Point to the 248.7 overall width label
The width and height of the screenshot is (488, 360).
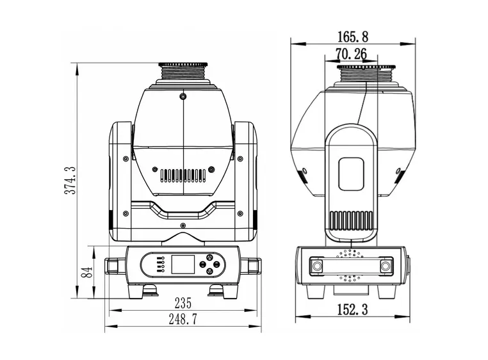(x=183, y=319)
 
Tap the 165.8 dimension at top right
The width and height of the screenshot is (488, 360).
(x=353, y=37)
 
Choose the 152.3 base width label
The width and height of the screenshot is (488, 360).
(x=352, y=310)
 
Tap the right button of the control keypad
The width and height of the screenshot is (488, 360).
(x=218, y=263)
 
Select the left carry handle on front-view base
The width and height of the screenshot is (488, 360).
(x=115, y=264)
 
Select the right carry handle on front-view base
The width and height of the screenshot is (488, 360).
(x=251, y=264)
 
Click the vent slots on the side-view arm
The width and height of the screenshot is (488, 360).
(x=351, y=219)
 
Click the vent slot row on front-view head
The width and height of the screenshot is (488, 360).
(x=183, y=174)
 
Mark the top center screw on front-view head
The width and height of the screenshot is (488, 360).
(x=183, y=96)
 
